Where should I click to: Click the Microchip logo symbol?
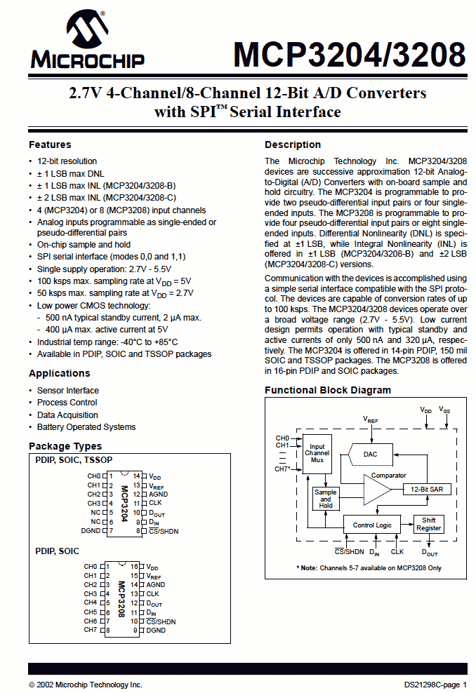[x=87, y=29]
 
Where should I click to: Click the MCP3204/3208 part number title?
[x=350, y=55]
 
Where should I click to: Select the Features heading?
[x=50, y=144]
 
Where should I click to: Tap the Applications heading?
[x=59, y=373]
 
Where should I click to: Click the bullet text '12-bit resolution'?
[x=67, y=161]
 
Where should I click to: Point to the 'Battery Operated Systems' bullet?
[x=86, y=427]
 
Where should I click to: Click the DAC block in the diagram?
[x=370, y=455]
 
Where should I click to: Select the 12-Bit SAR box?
[x=427, y=490]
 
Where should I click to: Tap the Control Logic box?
[x=372, y=525]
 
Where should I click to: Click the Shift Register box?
[x=429, y=524]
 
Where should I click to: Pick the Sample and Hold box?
[x=326, y=499]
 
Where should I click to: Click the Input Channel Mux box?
[x=317, y=453]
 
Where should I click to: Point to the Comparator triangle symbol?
[x=377, y=490]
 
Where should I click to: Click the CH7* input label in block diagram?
[x=282, y=469]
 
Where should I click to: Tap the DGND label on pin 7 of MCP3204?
[x=91, y=531]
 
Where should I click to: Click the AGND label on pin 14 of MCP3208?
[x=156, y=585]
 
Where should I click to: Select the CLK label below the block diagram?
[x=397, y=551]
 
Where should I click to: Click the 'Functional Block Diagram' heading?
[x=328, y=390]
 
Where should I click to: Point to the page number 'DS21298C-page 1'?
[x=435, y=685]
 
